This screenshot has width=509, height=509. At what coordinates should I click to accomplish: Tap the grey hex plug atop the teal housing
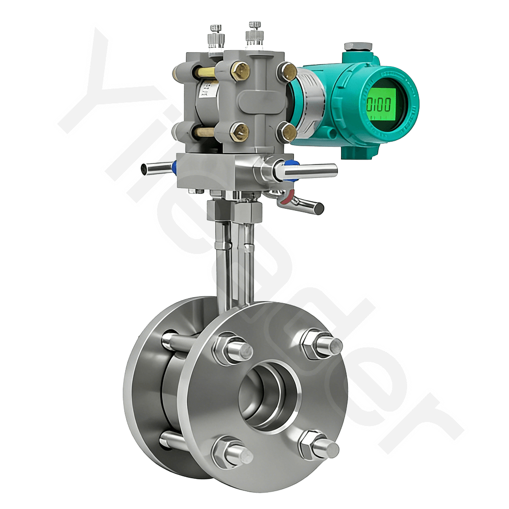click(x=358, y=47)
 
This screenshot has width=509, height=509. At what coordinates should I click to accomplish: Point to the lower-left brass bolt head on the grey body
click(x=239, y=131)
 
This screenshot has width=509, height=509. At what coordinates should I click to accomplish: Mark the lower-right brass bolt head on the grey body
click(x=287, y=132)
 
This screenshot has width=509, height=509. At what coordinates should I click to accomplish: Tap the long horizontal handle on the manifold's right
click(x=311, y=171)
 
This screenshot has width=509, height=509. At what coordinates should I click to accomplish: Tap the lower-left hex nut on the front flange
click(x=226, y=452)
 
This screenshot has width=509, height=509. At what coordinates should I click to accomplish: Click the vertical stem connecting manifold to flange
click(x=234, y=258)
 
